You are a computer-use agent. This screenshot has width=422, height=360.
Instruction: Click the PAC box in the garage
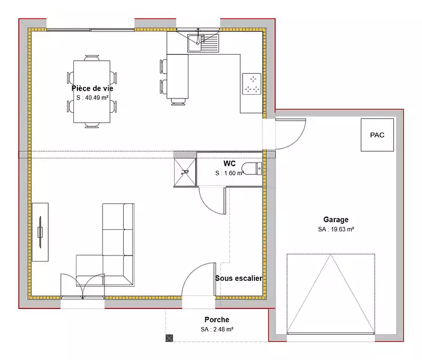(377, 135)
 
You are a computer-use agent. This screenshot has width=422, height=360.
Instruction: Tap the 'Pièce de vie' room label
(92, 88)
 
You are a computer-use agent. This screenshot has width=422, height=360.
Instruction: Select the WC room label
(229, 163)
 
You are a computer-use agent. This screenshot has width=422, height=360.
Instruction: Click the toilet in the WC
(252, 169)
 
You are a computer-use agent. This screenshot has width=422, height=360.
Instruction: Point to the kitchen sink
(203, 43)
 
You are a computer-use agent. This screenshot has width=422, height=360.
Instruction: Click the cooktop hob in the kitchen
(252, 83)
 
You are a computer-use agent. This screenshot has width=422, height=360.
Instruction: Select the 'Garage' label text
(336, 220)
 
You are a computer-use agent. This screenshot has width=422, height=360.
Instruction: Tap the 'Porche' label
(217, 320)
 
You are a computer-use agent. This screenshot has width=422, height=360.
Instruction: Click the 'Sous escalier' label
(239, 278)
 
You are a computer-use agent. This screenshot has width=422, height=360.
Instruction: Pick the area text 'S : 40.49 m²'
(92, 98)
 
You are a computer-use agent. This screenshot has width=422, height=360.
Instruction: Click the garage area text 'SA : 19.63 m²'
(336, 229)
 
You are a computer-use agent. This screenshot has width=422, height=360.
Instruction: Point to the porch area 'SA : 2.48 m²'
(217, 329)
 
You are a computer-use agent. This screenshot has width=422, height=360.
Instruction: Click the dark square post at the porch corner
(169, 338)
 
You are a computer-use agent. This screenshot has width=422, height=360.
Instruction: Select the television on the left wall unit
(40, 232)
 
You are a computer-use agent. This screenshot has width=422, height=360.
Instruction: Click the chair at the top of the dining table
(92, 58)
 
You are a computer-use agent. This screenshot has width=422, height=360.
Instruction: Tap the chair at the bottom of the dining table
(92, 125)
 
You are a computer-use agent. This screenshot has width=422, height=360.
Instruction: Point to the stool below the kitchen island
(178, 102)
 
